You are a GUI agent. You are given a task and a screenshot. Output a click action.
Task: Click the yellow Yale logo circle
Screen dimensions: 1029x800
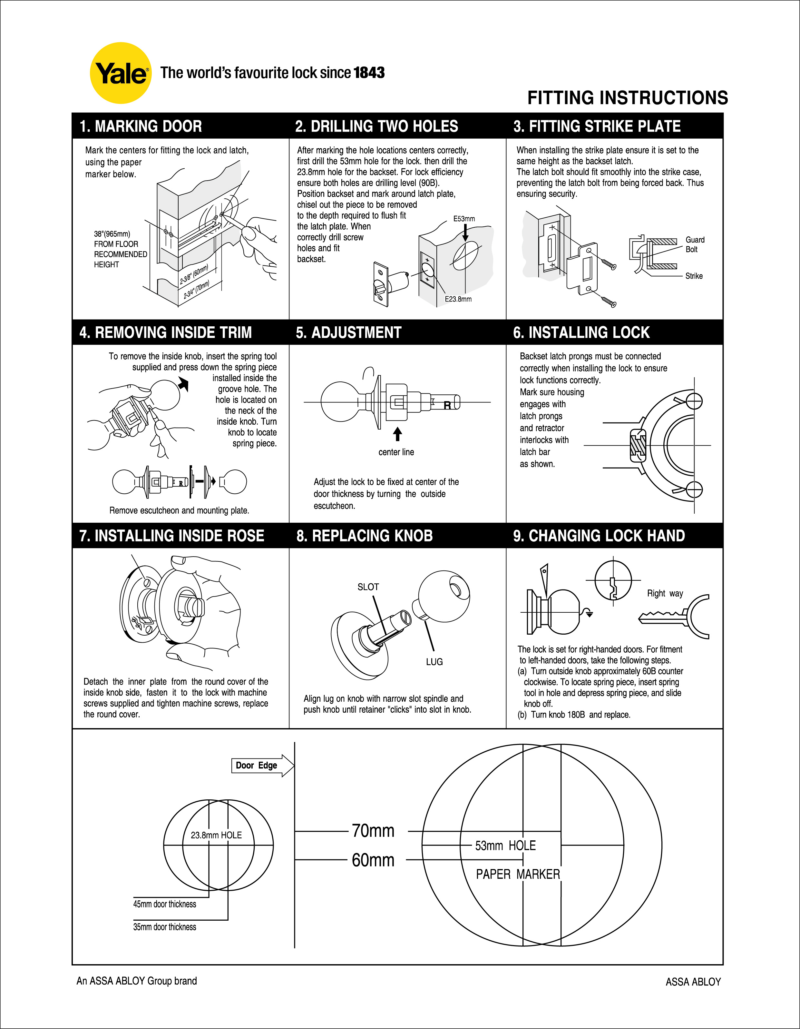coord(121,73)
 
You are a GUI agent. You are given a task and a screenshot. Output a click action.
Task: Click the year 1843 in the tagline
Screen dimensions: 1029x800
coord(369,73)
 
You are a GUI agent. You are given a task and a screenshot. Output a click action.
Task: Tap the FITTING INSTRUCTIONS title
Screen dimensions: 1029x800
coord(627,98)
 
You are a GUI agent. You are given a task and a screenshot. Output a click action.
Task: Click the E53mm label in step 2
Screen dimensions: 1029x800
coord(464,219)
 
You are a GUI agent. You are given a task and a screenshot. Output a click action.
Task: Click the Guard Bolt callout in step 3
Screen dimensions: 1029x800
coord(695,244)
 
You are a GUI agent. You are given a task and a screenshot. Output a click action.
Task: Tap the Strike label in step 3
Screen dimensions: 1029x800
coord(694,276)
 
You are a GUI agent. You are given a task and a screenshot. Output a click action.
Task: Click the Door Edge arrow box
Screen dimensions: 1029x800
coord(262,766)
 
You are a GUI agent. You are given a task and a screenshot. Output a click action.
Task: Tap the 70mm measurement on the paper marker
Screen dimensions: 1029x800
coord(373,831)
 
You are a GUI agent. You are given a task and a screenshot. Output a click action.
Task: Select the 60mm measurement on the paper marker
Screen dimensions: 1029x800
coord(373,860)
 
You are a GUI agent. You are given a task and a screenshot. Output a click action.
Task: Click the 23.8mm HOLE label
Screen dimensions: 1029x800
coord(216,835)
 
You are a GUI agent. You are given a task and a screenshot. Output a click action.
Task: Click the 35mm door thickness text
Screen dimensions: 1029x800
coord(164,927)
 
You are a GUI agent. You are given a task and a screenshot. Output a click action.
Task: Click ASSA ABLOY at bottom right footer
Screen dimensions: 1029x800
coord(693,982)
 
